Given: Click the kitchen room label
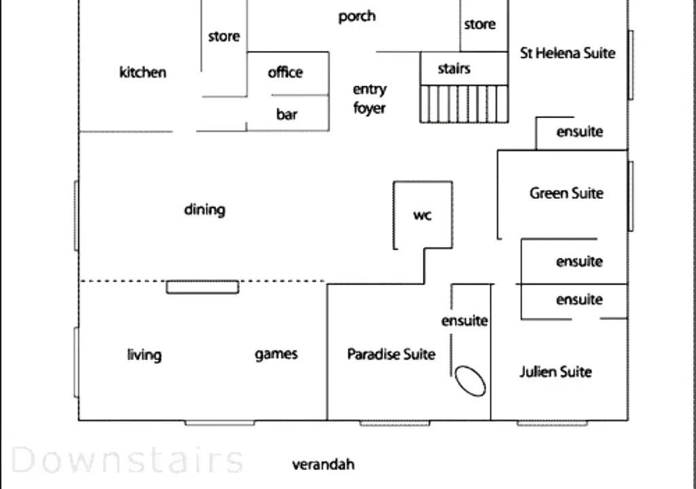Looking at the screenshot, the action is (x=143, y=72).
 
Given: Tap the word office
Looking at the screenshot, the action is (x=285, y=72).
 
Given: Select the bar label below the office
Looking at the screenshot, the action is (x=287, y=114).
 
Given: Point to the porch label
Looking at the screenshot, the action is (x=357, y=17).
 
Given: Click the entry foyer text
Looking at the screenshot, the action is (x=369, y=98).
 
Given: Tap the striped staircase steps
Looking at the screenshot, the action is (x=464, y=103).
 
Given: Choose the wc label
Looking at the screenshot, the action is (x=422, y=215).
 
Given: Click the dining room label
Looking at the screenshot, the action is (x=205, y=210).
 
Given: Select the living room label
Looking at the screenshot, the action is (x=144, y=355).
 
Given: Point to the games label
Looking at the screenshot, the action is (x=276, y=355).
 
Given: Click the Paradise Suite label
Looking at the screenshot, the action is (x=391, y=354).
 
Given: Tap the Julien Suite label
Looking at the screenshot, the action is (x=556, y=372).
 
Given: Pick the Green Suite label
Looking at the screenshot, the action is (x=566, y=193).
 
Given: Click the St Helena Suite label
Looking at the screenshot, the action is (x=568, y=53).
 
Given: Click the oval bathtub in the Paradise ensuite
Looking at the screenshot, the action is (x=470, y=381).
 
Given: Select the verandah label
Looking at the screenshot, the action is (x=323, y=464).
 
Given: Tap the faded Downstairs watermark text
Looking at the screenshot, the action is (x=127, y=460).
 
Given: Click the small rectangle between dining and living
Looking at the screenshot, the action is (x=203, y=287).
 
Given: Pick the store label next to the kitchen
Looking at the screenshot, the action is (x=224, y=36).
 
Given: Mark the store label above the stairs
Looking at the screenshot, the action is (x=480, y=24).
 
